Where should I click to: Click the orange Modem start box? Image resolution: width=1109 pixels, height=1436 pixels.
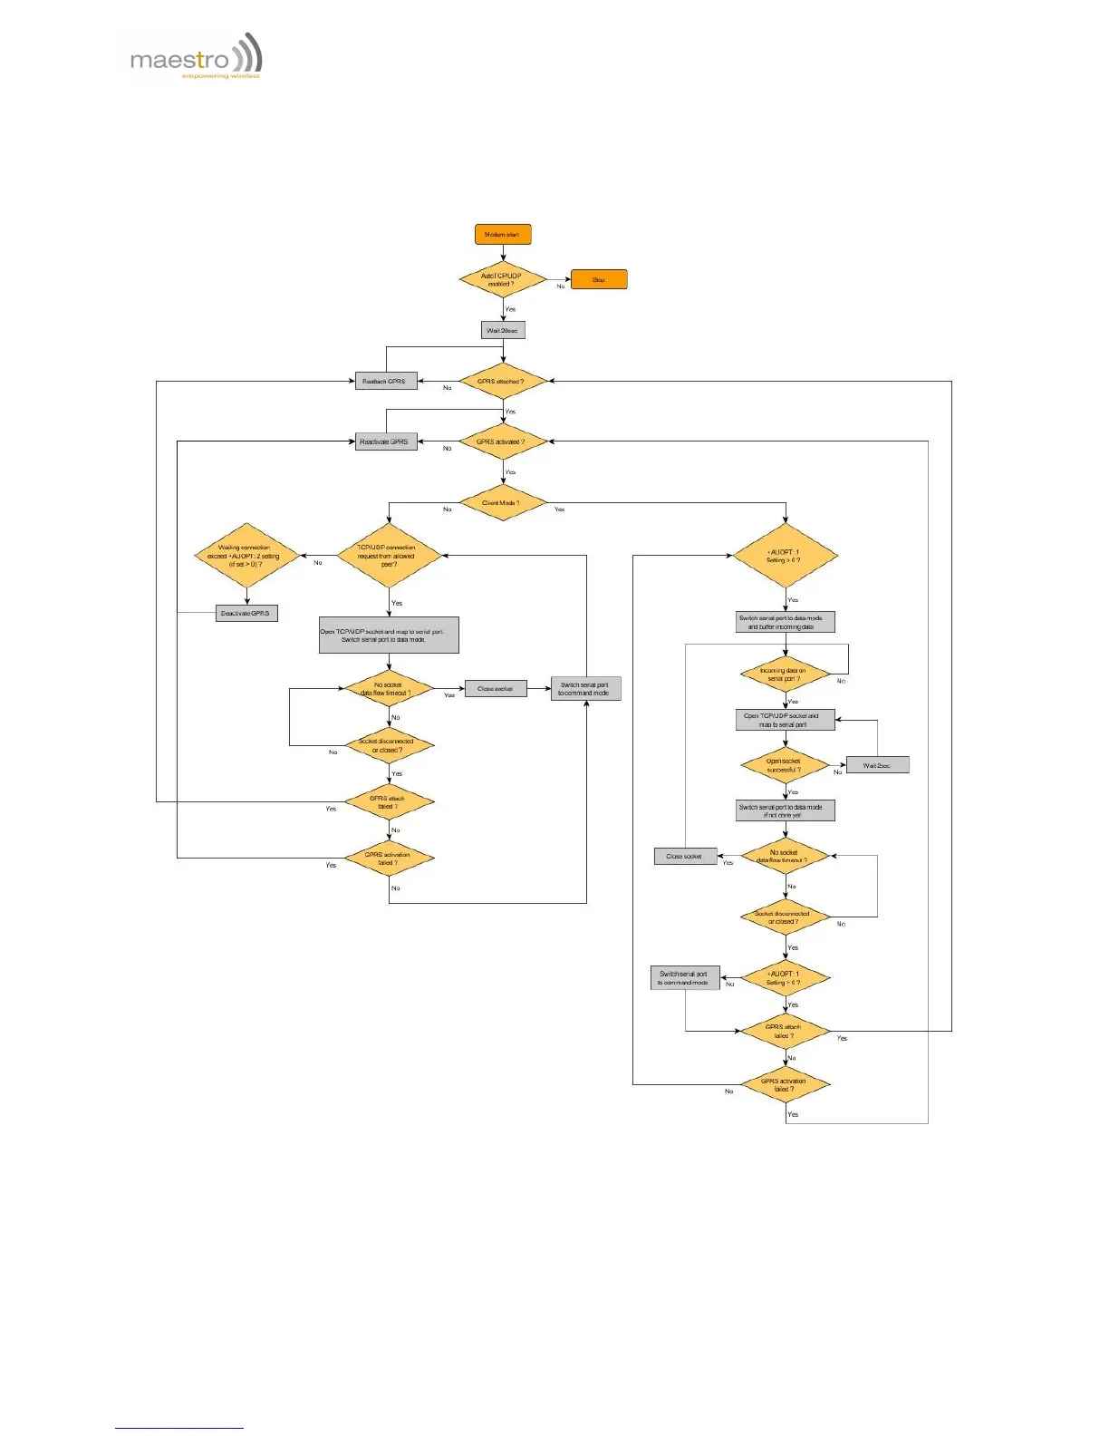pyautogui.click(x=503, y=235)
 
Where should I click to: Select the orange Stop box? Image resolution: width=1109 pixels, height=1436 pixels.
pyautogui.click(x=599, y=280)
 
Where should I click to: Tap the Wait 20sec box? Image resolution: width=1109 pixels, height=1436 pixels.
pyautogui.click(x=503, y=330)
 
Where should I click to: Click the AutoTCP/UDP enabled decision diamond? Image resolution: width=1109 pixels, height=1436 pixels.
pyautogui.click(x=502, y=280)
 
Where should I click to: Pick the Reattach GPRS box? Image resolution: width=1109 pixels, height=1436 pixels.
pyautogui.click(x=385, y=382)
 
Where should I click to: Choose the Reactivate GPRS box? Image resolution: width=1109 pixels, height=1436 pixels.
pyautogui.click(x=385, y=442)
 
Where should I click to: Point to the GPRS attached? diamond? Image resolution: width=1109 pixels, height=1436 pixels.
pyautogui.click(x=503, y=382)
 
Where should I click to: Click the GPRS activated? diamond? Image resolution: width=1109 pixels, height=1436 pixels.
pyautogui.click(x=503, y=442)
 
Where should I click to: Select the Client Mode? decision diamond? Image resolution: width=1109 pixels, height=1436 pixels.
pyautogui.click(x=503, y=503)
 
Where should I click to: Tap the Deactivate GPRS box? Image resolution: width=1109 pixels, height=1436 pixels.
pyautogui.click(x=246, y=614)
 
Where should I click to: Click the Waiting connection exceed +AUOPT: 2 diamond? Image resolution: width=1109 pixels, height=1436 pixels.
pyautogui.click(x=246, y=556)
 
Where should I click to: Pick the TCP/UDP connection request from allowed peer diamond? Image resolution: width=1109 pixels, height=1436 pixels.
pyautogui.click(x=389, y=556)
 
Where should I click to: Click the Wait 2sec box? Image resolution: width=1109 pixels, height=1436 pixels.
pyautogui.click(x=877, y=766)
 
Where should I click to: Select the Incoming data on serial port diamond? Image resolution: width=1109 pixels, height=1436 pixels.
pyautogui.click(x=785, y=675)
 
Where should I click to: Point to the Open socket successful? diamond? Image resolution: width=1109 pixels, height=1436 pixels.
pyautogui.click(x=785, y=766)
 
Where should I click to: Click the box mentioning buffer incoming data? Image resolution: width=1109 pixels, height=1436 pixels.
pyautogui.click(x=785, y=623)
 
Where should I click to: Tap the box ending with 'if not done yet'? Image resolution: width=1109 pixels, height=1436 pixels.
pyautogui.click(x=785, y=811)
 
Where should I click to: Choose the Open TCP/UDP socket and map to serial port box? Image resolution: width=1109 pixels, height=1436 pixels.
pyautogui.click(x=785, y=721)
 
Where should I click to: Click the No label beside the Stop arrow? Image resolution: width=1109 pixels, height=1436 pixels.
pyautogui.click(x=561, y=286)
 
